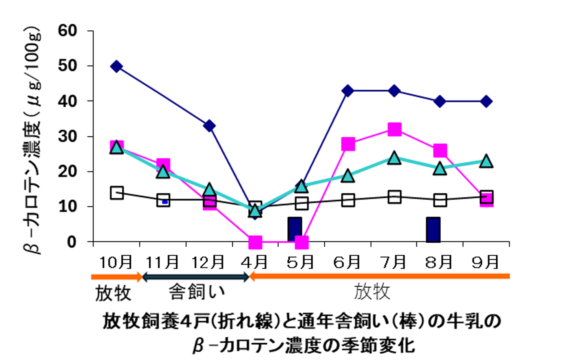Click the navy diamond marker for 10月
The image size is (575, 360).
point(116,66)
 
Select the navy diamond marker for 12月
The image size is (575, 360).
point(209,126)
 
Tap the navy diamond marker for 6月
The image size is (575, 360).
point(348,91)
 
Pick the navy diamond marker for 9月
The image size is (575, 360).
point(486,101)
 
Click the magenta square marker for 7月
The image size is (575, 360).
point(394,129)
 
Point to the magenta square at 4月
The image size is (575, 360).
point(255,242)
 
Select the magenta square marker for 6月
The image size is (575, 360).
point(348,144)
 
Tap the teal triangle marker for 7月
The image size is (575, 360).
point(394,158)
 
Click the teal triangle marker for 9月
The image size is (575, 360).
point(486,161)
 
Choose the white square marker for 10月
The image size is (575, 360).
point(117,193)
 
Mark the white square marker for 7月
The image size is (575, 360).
point(394,197)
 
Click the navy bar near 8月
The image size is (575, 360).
point(433,230)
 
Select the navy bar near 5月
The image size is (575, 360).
point(295,229)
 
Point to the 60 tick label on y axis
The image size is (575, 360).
point(67,31)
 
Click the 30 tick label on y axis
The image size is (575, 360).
point(67,136)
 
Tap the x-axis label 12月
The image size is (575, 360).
point(208,262)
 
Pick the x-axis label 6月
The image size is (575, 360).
point(347,262)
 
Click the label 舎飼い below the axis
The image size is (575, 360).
point(196,292)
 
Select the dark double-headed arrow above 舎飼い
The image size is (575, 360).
point(195,277)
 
